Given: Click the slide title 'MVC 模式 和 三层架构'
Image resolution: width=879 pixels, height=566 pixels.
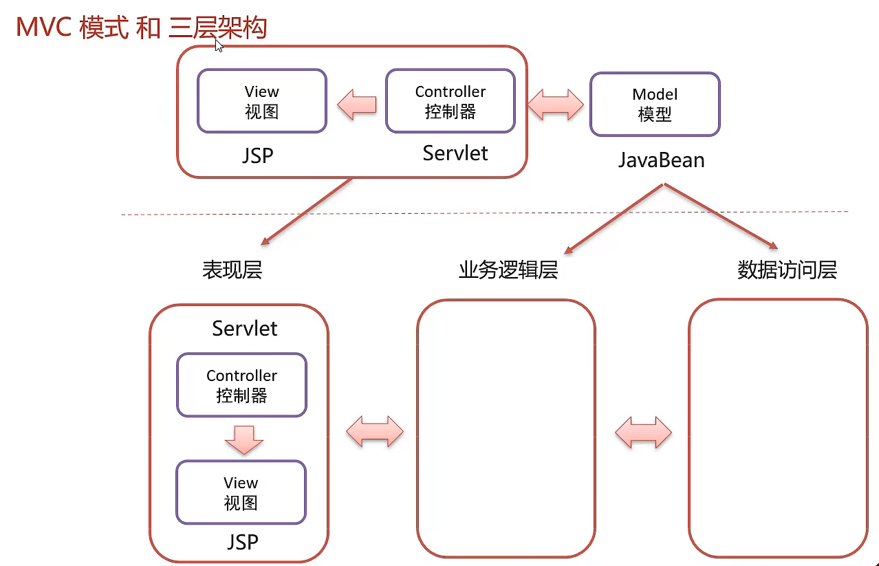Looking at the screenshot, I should pos(141,28).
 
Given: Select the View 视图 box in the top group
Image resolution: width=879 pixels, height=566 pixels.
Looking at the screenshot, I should pos(262,101).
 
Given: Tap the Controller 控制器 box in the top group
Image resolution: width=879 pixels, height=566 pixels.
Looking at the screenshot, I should pos(451,101).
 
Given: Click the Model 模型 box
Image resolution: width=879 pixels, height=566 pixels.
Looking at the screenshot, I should pos(655,105).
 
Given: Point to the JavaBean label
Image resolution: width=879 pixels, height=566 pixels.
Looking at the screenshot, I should pos(661,160).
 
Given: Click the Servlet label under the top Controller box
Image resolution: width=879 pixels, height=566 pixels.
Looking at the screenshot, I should pos(455,153).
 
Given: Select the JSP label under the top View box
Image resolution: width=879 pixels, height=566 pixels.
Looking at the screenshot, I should pos(258,155).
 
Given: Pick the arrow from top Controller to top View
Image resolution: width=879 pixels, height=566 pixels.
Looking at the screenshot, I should pos(356,105).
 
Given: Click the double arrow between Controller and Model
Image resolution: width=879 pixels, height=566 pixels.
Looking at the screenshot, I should pos(556,105).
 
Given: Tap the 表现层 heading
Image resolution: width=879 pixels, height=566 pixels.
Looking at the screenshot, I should pos(232,270).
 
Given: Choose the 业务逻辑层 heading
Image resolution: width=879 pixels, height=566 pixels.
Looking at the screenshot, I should pos(508,270).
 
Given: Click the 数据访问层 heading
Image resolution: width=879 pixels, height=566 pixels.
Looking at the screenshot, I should pos(787,270).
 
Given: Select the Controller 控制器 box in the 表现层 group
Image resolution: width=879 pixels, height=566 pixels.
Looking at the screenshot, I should pos(241,385).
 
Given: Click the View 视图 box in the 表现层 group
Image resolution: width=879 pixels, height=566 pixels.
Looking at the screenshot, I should pos(241,492).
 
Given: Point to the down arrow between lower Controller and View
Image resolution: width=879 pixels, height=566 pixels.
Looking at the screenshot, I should pos(244,439).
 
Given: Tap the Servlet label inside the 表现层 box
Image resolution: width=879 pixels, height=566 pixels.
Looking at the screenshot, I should pos(245,328).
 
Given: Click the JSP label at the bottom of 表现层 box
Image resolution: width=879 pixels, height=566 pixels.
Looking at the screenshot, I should pos(243,542).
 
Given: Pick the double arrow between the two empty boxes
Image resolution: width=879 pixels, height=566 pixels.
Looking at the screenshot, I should pos(643,433).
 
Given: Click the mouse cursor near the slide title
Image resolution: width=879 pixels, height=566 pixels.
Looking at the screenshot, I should pos(219,45).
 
